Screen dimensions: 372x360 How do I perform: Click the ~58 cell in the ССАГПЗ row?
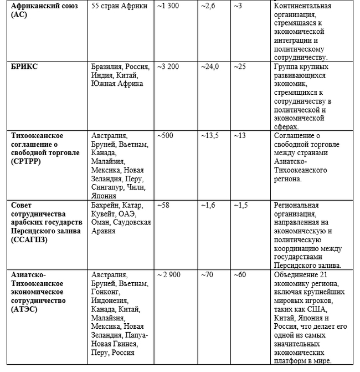coord(163,205)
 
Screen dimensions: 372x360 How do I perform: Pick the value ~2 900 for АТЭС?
coord(170,275)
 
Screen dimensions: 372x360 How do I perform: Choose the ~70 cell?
coord(207,275)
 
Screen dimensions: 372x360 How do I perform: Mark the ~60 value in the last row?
coord(240,275)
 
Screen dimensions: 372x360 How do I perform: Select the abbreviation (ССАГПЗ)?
coord(29,239)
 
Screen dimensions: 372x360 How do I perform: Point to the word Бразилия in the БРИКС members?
coord(107,67)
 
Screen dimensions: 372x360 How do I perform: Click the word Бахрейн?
coord(105,205)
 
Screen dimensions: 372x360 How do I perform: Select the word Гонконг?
coord(106,292)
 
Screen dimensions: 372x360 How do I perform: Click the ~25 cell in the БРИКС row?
coord(240,67)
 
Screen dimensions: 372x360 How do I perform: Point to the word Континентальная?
coord(302,6)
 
